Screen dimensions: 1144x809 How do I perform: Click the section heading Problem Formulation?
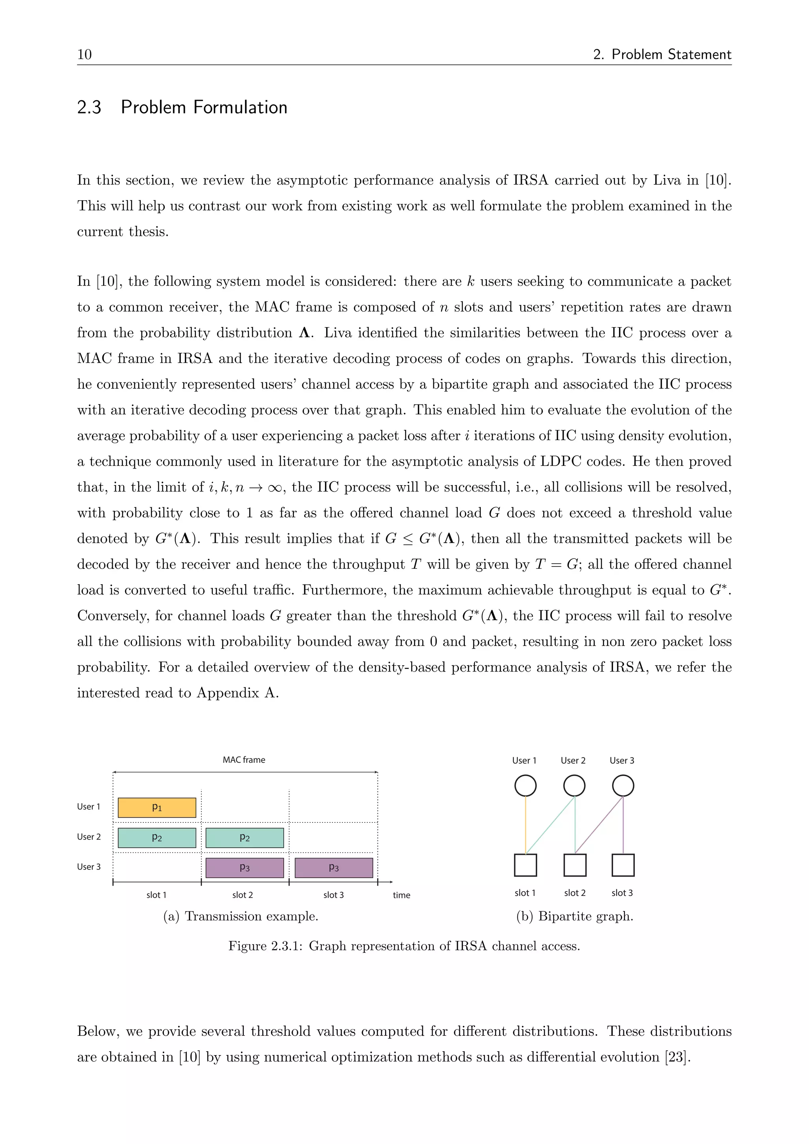[x=204, y=107]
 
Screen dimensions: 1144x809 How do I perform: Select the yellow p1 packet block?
[x=156, y=807]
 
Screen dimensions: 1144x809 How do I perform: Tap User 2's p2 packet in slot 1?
[x=156, y=837]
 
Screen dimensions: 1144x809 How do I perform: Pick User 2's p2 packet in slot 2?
[x=244, y=837]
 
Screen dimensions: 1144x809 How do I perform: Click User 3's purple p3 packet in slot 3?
[x=333, y=867]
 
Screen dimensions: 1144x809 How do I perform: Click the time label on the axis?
[x=401, y=895]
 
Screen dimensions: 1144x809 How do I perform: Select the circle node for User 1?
[x=525, y=786]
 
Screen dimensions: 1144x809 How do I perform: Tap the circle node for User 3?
[x=623, y=786]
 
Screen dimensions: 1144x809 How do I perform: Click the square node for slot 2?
[x=575, y=865]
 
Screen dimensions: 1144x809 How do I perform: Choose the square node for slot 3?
[x=623, y=865]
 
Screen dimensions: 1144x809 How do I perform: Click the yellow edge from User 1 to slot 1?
[x=525, y=824]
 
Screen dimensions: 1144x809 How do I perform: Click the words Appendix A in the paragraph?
[x=237, y=692]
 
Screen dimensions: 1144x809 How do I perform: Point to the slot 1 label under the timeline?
[x=156, y=895]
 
